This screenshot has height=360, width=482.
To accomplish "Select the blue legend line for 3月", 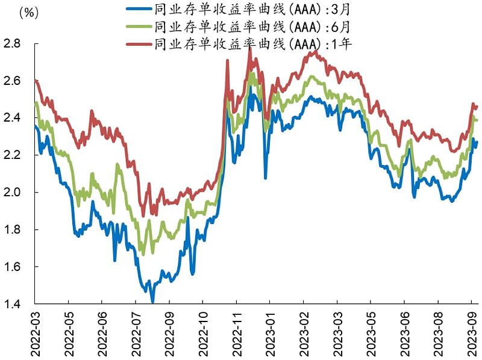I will [x=139, y=10].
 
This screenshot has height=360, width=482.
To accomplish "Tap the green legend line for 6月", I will [x=139, y=26].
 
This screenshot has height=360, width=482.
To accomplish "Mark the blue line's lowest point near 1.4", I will [x=152, y=301].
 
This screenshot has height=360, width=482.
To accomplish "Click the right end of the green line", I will [x=477, y=120].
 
